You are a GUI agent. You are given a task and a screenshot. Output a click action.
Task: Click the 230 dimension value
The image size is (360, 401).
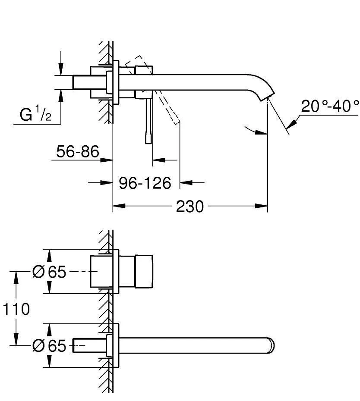tap(189, 207)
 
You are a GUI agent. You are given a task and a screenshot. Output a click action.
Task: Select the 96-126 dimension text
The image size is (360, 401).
tap(145, 183)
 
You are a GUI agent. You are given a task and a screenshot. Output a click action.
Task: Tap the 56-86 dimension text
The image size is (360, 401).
tap(78, 151)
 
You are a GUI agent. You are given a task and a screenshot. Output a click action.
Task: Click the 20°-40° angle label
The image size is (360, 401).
tap(330, 106)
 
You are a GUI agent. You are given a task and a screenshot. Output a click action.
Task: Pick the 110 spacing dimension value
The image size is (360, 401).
tap(16, 309)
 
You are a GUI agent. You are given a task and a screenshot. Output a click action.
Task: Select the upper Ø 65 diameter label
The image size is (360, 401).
tap(50, 272)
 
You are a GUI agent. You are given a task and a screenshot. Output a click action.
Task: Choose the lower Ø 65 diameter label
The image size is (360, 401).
tap(50, 345)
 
